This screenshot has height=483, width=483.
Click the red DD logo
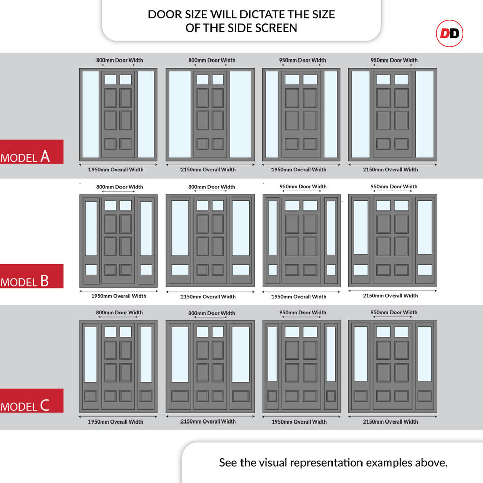point(449,33)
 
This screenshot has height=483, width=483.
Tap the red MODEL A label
point(32,152)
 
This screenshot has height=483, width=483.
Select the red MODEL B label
point(32,276)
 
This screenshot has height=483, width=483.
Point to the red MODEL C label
point(32,401)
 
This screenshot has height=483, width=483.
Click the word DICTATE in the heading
point(262,14)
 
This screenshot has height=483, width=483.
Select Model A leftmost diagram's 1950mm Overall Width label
point(116,169)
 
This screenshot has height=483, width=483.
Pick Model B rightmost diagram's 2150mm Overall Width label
point(390,296)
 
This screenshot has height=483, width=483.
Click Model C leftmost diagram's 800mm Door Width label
point(119,312)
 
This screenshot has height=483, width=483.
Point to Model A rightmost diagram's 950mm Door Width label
point(394,60)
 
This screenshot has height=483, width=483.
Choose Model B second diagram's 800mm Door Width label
point(212,187)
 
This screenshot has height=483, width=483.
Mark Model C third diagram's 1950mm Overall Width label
point(299,421)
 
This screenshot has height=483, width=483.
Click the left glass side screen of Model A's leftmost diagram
point(90,114)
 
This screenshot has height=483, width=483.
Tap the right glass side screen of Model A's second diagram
point(240,114)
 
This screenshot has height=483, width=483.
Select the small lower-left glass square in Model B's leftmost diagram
point(91,270)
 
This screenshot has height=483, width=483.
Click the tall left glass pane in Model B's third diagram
point(273,228)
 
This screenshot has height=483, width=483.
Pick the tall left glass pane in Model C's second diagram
point(180,354)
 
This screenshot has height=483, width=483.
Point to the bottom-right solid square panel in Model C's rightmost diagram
point(425,396)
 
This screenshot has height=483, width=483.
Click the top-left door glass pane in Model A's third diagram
point(292,80)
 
